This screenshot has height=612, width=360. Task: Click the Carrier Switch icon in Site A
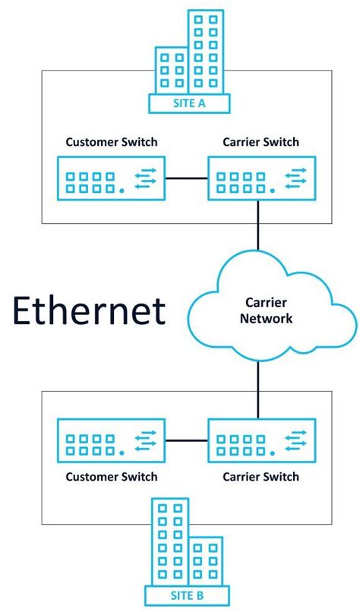261,178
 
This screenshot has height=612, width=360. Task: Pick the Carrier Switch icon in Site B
261,440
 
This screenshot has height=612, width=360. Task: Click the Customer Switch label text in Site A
111,142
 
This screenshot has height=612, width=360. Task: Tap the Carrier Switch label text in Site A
261,142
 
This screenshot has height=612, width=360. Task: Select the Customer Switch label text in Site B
111,477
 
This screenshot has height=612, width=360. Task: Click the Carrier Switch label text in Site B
261,477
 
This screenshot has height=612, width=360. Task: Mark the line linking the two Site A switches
187,178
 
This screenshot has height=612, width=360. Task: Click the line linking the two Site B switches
187,440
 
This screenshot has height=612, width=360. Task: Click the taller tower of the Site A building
205,49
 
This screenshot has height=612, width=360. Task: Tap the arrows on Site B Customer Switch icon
145,440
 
